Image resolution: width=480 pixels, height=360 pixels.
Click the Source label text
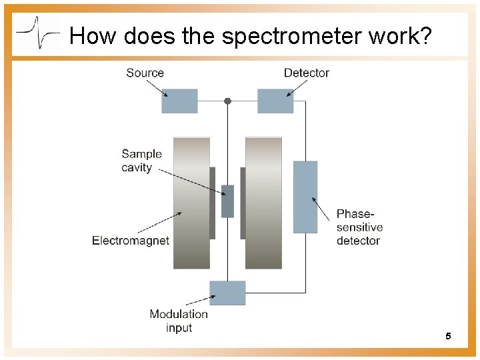(145, 73)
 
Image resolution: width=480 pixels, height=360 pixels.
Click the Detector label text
(306, 73)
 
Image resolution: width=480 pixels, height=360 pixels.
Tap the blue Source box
(179, 101)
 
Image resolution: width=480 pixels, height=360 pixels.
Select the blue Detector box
(275, 101)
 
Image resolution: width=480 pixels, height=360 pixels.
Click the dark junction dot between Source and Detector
(227, 101)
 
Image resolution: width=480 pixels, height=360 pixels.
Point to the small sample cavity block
(227, 201)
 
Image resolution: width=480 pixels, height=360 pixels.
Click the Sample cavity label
(141, 161)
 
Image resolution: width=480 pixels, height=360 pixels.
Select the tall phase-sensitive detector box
(305, 197)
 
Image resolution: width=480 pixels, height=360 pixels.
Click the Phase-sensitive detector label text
(359, 227)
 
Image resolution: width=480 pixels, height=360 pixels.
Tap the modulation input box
(227, 293)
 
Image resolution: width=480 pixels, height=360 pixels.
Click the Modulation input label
(179, 321)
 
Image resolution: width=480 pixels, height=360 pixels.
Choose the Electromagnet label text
(131, 241)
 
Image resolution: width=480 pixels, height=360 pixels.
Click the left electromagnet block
(191, 203)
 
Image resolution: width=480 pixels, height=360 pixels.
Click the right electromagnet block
(263, 203)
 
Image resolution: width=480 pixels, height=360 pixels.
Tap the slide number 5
(448, 336)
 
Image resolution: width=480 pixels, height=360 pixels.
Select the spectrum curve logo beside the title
(38, 32)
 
